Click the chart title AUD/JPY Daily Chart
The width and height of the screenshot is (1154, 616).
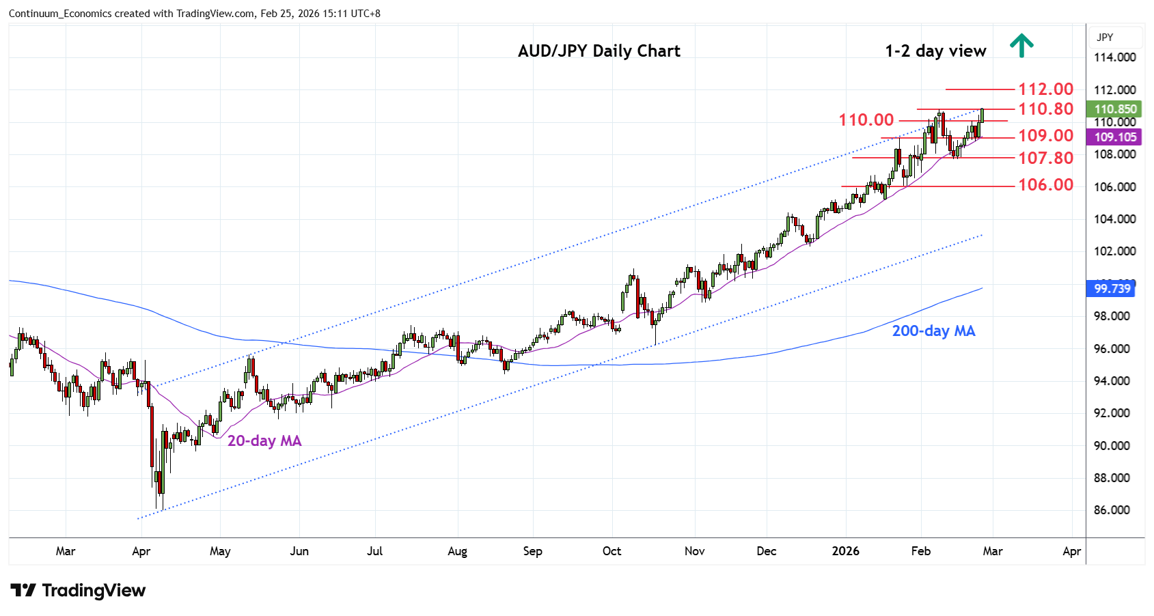pyautogui.click(x=599, y=51)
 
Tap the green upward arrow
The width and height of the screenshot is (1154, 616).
pyautogui.click(x=1021, y=46)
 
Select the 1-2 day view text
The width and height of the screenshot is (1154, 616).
pyautogui.click(x=935, y=51)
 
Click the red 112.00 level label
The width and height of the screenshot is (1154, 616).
pyautogui.click(x=1045, y=89)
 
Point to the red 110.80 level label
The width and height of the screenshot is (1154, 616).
pyautogui.click(x=1045, y=109)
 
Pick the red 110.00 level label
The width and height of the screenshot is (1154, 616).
pyautogui.click(x=866, y=120)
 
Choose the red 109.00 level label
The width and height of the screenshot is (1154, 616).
pyautogui.click(x=1045, y=136)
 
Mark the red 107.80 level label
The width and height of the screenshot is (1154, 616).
pyautogui.click(x=1045, y=158)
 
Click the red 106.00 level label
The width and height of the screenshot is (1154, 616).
pyautogui.click(x=1045, y=185)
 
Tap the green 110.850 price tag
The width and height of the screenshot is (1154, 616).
pyautogui.click(x=1115, y=109)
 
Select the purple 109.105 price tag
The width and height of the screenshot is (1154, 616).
pyautogui.click(x=1115, y=137)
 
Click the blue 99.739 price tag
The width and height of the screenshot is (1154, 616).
pyautogui.click(x=1112, y=289)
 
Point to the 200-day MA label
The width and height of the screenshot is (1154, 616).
pyautogui.click(x=933, y=331)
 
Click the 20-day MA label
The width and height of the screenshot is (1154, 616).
pyautogui.click(x=264, y=441)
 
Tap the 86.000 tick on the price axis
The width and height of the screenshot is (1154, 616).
pyautogui.click(x=1114, y=510)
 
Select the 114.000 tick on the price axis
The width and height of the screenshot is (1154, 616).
pyautogui.click(x=1114, y=57)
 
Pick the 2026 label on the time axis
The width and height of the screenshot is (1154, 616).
pyautogui.click(x=845, y=551)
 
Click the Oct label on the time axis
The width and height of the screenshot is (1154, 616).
pyautogui.click(x=612, y=551)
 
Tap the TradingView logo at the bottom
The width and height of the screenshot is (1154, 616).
pyautogui.click(x=78, y=591)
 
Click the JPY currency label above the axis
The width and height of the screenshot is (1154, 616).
pyautogui.click(x=1105, y=38)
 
